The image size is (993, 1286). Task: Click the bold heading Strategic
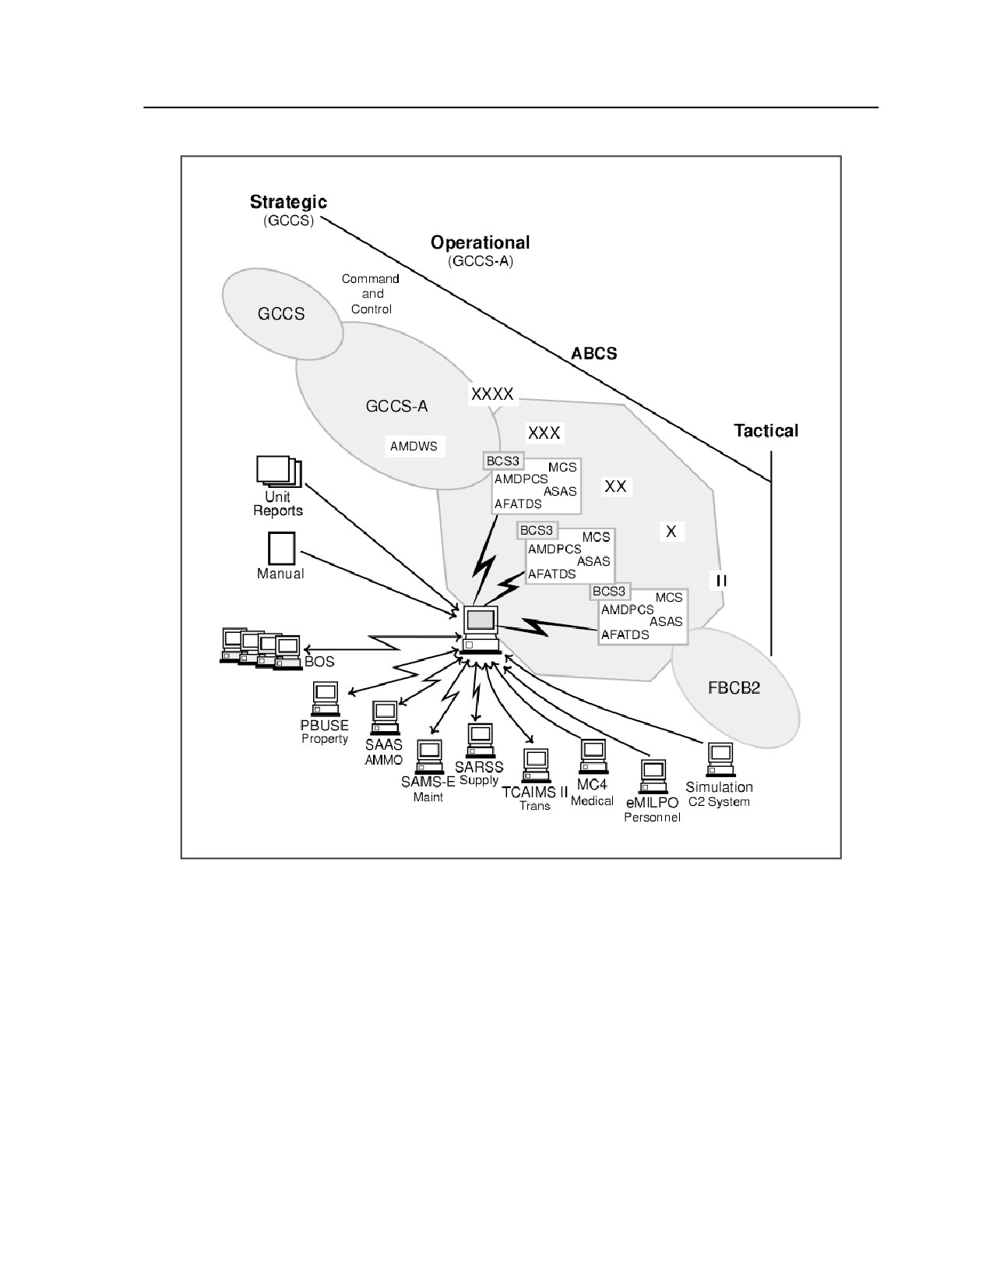(288, 202)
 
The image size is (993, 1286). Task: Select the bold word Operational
(480, 242)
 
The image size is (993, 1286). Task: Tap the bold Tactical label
(766, 430)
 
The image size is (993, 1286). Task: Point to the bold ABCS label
(593, 353)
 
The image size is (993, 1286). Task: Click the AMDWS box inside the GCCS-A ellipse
(414, 447)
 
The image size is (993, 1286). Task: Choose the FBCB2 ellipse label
(734, 687)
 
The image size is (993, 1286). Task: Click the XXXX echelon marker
(492, 394)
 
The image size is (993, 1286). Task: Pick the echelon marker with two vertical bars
(721, 581)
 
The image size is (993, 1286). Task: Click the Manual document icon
(281, 549)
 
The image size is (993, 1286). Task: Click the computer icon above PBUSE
(326, 699)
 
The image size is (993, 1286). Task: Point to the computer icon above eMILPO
(653, 776)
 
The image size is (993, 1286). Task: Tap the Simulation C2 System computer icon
(720, 760)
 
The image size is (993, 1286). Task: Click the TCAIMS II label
(534, 792)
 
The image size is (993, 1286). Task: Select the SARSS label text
(479, 767)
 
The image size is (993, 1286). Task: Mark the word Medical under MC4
(592, 800)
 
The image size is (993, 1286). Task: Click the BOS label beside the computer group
(319, 662)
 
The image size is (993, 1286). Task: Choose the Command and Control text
(371, 294)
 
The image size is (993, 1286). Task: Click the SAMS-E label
(428, 782)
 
